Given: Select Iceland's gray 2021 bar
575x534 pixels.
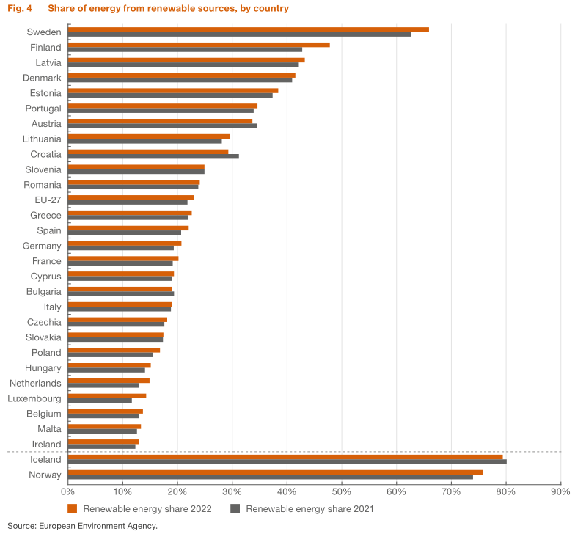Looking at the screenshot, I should [287, 462].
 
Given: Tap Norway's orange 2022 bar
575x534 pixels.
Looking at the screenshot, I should [275, 472].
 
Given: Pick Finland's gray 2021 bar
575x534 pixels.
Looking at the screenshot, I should [185, 50].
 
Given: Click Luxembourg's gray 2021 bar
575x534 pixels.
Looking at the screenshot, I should [100, 400].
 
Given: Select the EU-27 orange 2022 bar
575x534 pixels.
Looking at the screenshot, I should [131, 197].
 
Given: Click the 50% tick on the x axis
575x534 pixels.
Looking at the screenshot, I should [341, 491].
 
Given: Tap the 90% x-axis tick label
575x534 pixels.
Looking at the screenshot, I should [560, 491].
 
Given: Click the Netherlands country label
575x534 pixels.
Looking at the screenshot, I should [35, 383].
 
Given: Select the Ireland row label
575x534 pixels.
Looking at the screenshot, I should [47, 445].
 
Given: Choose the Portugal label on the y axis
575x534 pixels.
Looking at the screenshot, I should [43, 109].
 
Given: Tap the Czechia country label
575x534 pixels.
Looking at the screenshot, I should [44, 321].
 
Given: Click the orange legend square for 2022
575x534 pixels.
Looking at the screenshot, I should [72, 508].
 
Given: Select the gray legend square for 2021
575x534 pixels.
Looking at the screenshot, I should [235, 508].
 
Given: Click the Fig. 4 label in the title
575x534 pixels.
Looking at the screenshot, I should [20, 9].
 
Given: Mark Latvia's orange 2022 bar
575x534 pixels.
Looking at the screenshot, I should [186, 60].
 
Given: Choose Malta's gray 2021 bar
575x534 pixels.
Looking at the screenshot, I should [102, 431].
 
